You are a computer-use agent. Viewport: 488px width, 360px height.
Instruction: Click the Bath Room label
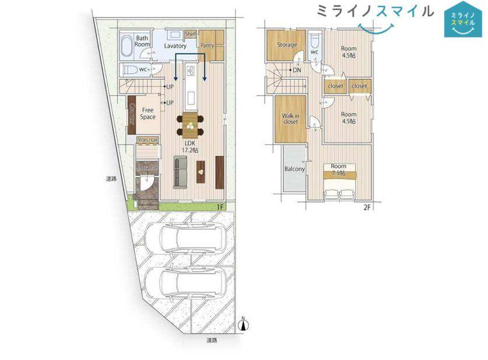tap(142, 41)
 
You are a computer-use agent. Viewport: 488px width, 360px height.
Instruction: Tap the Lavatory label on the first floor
tap(175, 46)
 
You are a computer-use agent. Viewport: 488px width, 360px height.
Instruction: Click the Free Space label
tap(148, 113)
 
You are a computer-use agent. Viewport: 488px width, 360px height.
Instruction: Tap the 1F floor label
tap(220, 207)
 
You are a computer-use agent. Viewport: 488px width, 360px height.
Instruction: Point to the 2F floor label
tap(367, 207)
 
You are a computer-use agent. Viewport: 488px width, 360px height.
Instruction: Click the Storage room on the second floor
tap(287, 45)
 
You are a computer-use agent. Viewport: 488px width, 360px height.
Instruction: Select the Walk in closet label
tap(291, 118)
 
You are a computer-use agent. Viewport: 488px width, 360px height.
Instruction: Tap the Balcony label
tap(294, 169)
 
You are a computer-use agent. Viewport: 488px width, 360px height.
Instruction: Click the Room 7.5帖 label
tap(339, 169)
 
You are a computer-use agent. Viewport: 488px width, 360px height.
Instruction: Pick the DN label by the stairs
tap(297, 71)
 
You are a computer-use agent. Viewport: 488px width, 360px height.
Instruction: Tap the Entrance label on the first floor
tap(147, 167)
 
